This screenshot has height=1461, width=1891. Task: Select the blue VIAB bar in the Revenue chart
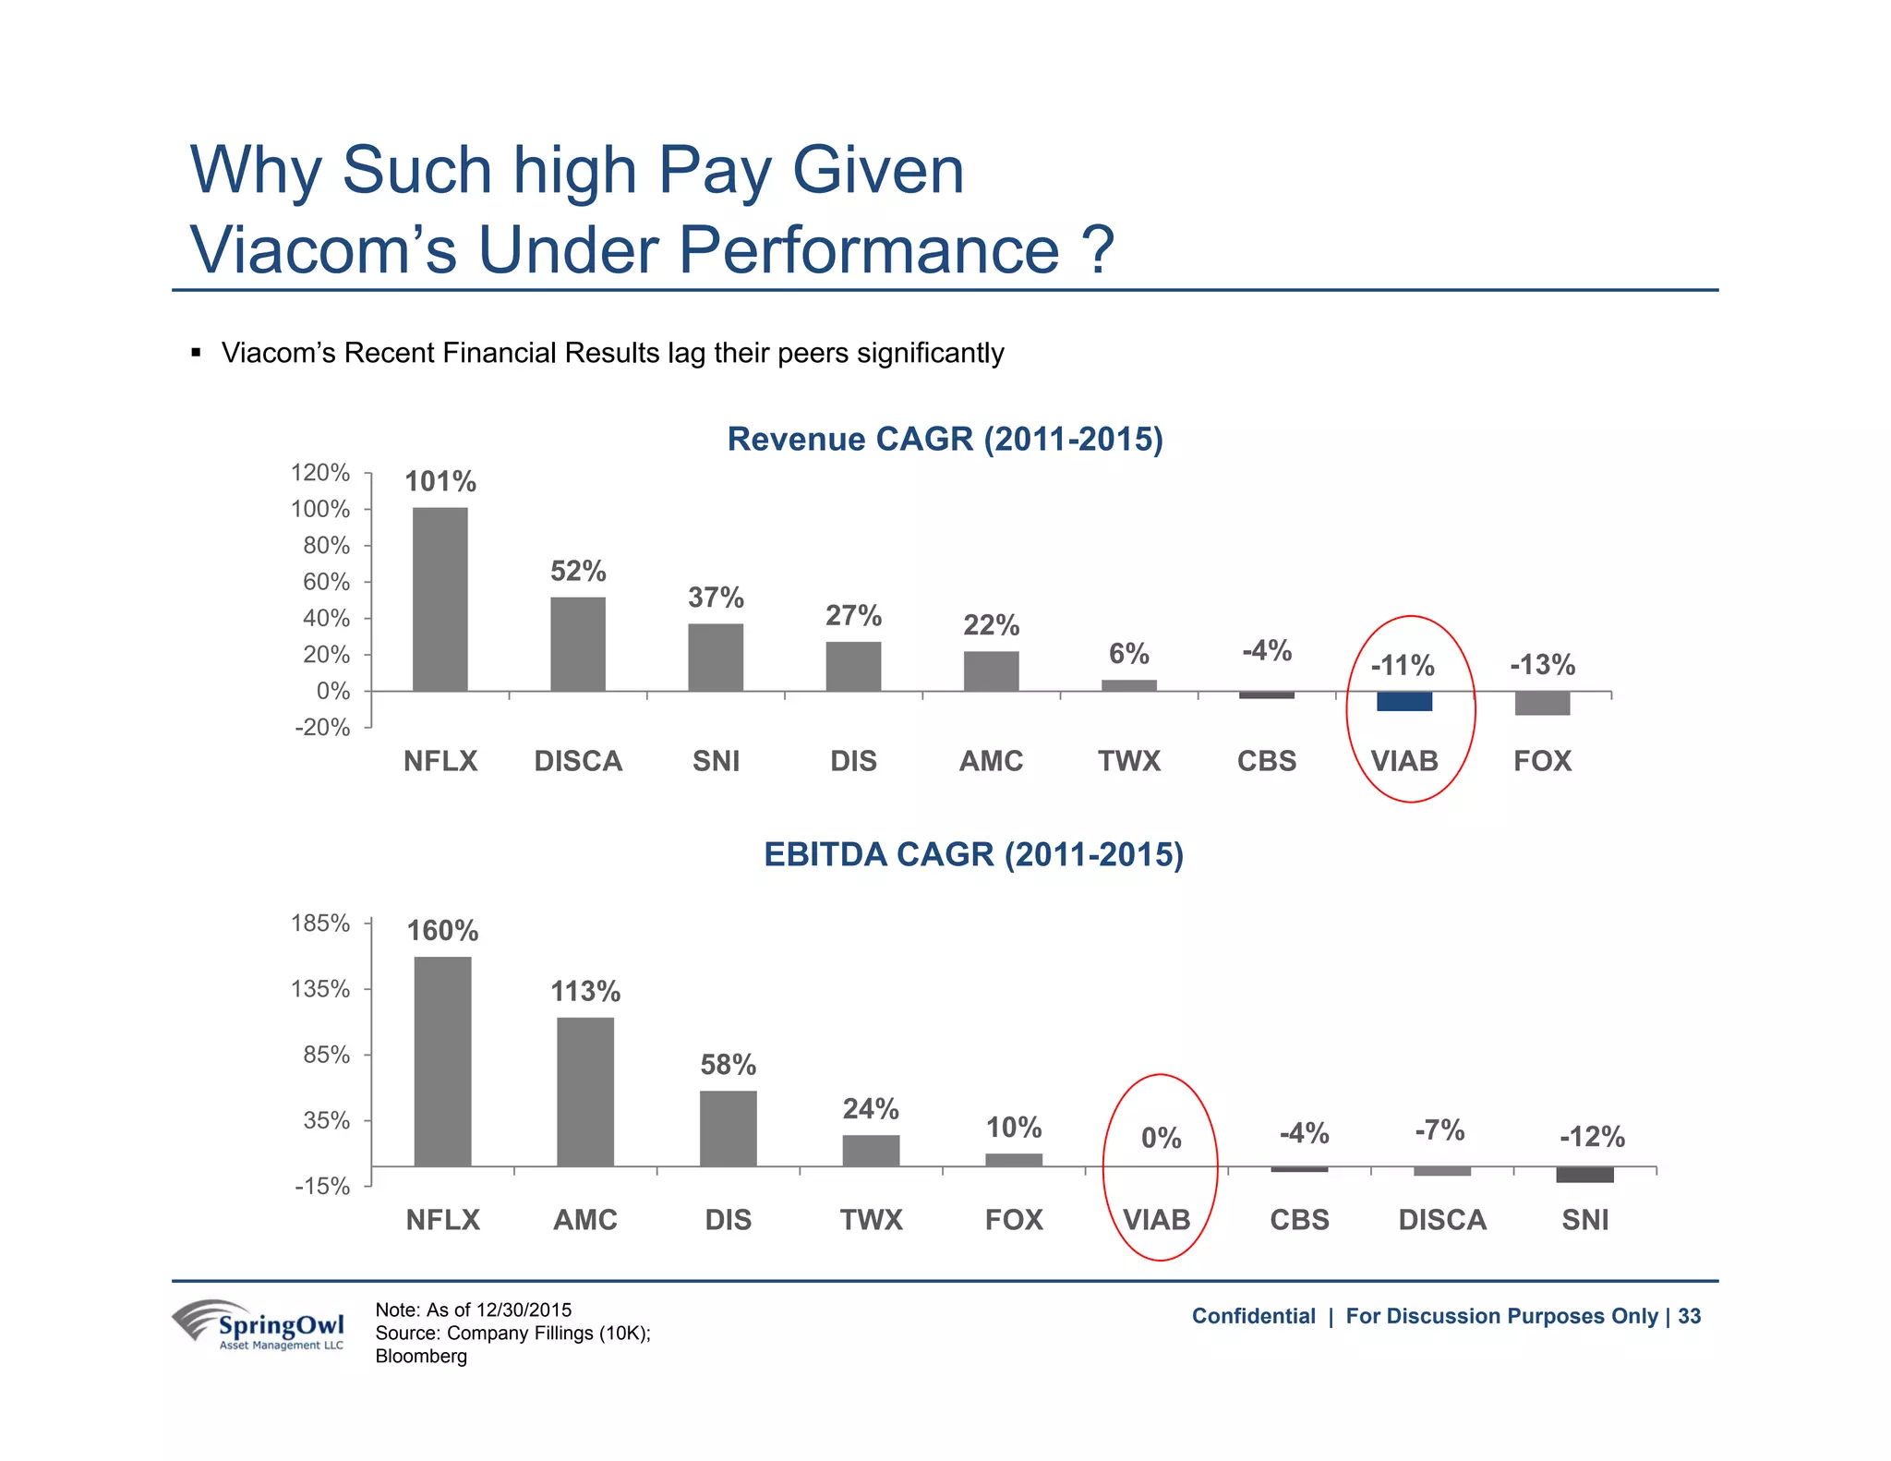tap(1403, 701)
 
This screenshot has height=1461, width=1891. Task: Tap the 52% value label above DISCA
tap(578, 572)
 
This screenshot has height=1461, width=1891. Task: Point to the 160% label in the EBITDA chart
tap(442, 930)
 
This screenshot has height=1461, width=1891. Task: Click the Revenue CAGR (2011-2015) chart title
tap(945, 439)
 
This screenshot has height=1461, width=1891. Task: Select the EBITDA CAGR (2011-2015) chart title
tap(973, 854)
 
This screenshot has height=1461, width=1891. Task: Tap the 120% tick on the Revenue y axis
tap(320, 473)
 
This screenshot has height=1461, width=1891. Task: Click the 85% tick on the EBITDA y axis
tap(320, 1055)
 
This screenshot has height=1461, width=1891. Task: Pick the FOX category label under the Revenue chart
tap(1542, 761)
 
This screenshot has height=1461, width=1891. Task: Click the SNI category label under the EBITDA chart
tap(1584, 1220)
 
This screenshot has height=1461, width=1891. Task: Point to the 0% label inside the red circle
tap(1161, 1138)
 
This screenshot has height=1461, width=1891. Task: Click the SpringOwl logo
tap(259, 1325)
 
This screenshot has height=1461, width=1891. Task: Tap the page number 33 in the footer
tap(1689, 1316)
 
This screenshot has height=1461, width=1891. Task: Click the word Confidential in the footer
tap(1253, 1316)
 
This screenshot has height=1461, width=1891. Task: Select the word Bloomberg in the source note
tap(421, 1356)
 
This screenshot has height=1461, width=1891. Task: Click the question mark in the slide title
tap(1098, 249)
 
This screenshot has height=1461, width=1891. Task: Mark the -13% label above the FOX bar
tap(1542, 665)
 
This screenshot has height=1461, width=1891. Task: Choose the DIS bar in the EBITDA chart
tap(728, 1128)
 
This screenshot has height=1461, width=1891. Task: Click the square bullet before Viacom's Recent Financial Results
tap(196, 353)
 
